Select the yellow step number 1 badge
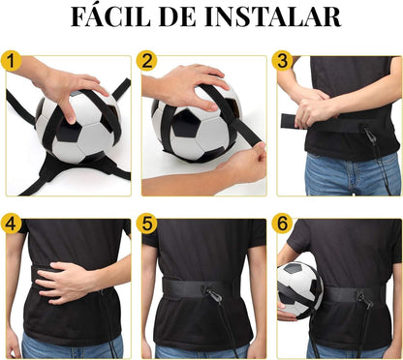(x=13, y=62)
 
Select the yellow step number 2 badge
(x=148, y=62)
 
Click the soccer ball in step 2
(x=194, y=126)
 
